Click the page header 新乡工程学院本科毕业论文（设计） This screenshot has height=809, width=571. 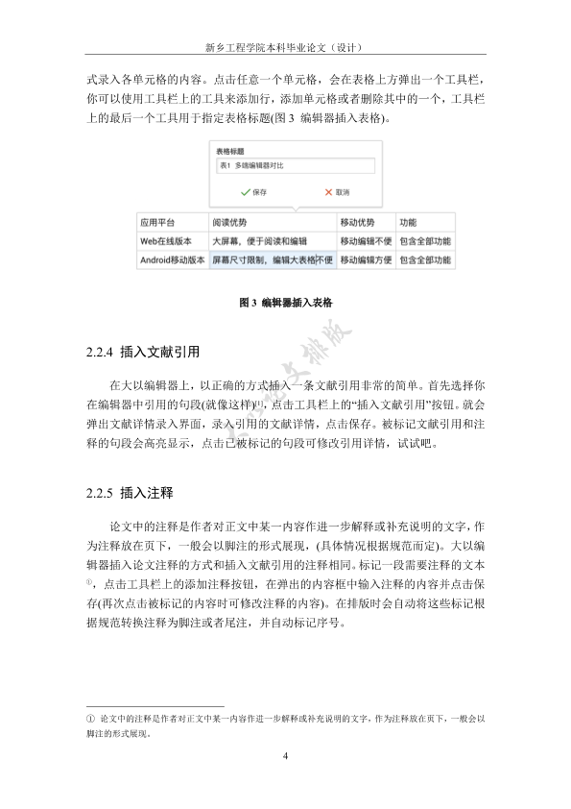pyautogui.click(x=284, y=46)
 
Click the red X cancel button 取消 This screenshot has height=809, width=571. pyautogui.click(x=337, y=192)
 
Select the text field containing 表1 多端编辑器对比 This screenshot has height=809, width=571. pyautogui.click(x=292, y=166)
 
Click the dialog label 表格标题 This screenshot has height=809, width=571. pyautogui.click(x=229, y=151)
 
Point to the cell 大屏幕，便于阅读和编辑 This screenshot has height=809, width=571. pyautogui.click(x=259, y=241)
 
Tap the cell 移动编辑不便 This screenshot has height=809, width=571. pyautogui.click(x=366, y=241)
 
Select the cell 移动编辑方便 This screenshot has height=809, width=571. pyautogui.click(x=366, y=259)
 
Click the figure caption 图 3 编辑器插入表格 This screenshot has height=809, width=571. pyautogui.click(x=285, y=302)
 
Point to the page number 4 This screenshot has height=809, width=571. pyautogui.click(x=285, y=755)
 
